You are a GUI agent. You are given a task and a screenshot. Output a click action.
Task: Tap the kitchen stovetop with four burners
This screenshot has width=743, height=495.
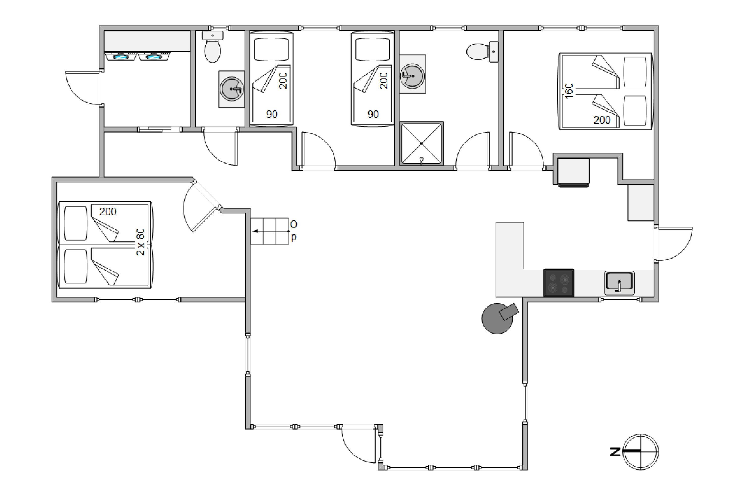coord(558,283)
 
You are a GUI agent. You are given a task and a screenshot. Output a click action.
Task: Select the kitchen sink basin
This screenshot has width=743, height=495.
coord(619,283)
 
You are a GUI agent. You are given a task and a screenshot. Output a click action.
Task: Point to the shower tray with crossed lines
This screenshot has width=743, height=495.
coord(422,143)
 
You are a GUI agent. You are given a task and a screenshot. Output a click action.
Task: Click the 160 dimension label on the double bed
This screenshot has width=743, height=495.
coord(569,91)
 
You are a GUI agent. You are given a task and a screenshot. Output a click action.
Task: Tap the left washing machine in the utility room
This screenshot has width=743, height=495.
coord(121,56)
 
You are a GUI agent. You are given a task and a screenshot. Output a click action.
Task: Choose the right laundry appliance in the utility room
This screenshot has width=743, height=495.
coord(154,56)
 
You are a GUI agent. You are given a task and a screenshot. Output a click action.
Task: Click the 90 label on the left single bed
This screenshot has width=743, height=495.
coord(272,114)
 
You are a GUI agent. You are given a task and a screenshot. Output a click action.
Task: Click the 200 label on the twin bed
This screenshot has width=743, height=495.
coord(108,212)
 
